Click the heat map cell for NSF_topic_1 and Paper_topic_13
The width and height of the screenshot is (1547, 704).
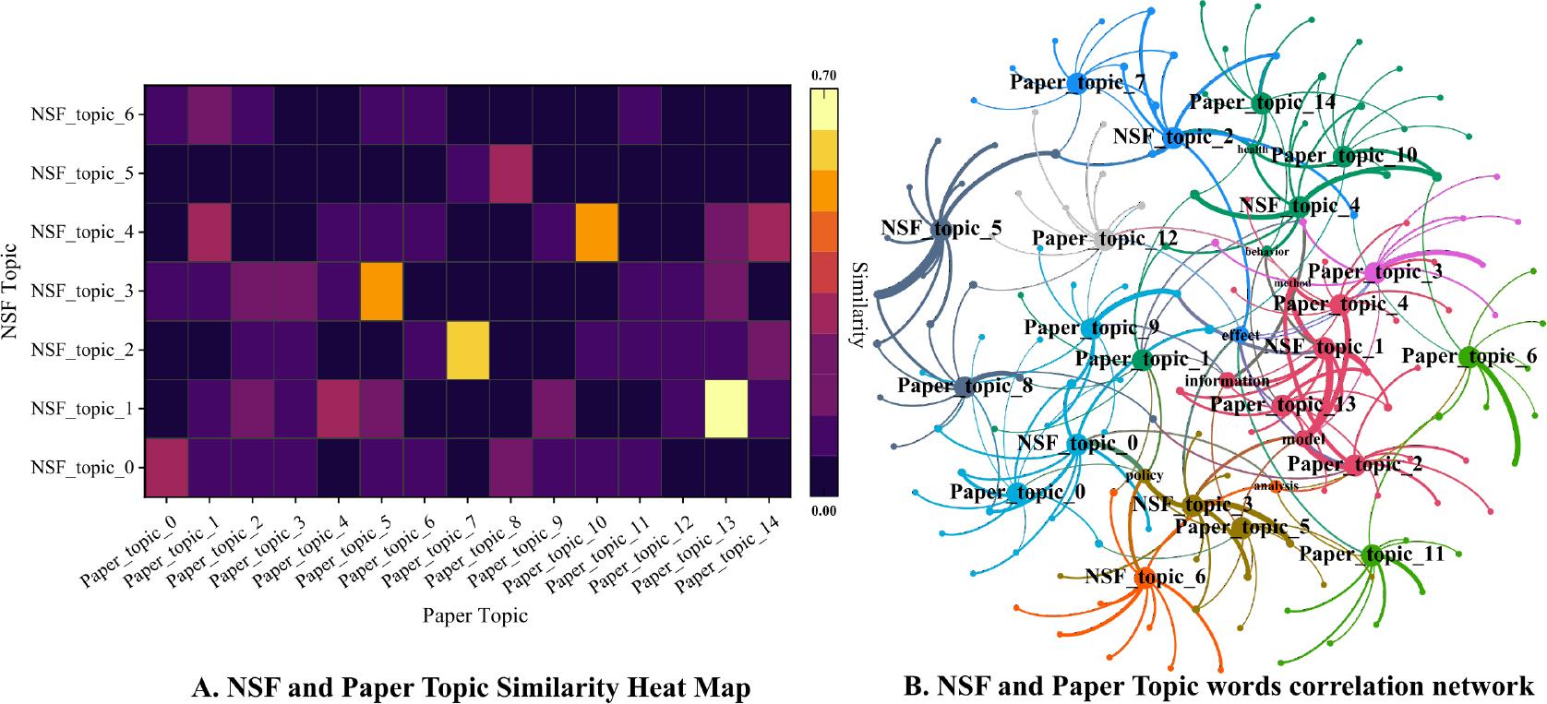point(726,409)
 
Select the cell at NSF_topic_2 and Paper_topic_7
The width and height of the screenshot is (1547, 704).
point(467,350)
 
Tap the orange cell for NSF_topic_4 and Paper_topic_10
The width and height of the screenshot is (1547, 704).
point(596,233)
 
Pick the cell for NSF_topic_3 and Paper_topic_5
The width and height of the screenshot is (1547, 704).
point(381,291)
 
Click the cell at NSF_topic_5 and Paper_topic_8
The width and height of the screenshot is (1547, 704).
point(510,173)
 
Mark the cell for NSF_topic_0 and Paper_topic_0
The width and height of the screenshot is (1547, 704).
point(166,468)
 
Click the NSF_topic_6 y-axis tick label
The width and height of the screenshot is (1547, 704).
point(82,114)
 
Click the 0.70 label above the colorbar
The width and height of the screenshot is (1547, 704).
point(823,75)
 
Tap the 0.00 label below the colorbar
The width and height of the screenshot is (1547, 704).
point(823,510)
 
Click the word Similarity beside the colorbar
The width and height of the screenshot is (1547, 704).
point(857,292)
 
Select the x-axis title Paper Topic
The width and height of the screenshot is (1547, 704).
point(474,615)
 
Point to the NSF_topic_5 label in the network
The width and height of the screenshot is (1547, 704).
point(941,228)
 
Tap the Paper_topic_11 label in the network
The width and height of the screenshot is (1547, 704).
point(1371,555)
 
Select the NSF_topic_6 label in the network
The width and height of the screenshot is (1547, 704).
point(1145,578)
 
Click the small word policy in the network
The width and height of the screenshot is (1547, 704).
point(1145,475)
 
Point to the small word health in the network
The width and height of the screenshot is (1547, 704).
point(1253,149)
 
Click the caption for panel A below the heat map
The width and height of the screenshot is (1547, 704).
point(471,687)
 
